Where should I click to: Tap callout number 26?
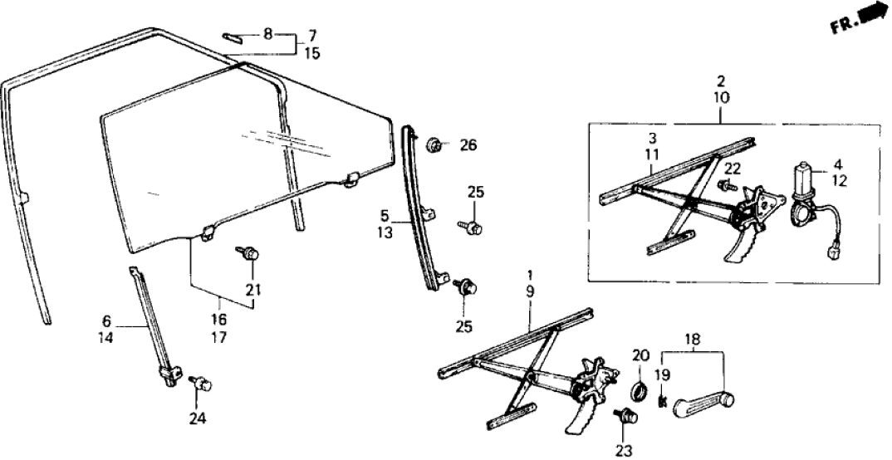click(x=468, y=146)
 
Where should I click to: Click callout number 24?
click(x=196, y=418)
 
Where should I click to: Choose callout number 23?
click(x=623, y=450)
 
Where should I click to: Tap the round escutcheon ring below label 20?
click(x=641, y=391)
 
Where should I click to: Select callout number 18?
click(x=693, y=339)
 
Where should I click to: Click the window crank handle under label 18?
click(x=702, y=404)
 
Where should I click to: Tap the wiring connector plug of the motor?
click(x=833, y=250)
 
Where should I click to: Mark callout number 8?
click(x=267, y=34)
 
